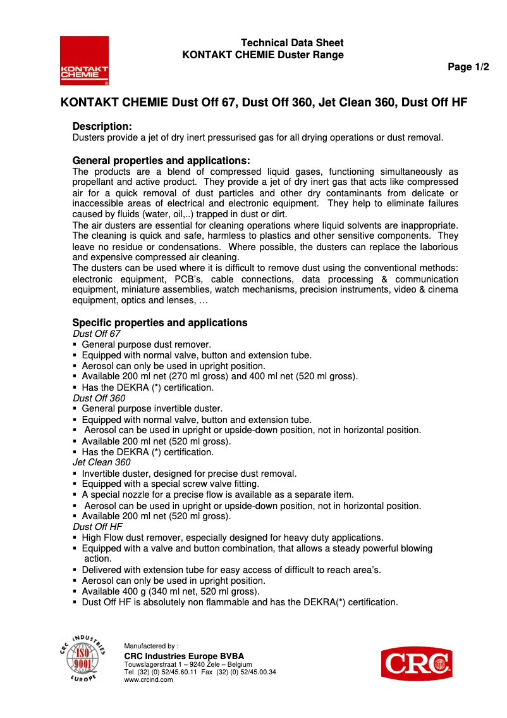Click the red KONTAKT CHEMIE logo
[x=84, y=61]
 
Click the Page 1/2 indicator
[x=468, y=67]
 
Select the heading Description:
[x=102, y=127]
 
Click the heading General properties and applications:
[x=161, y=160]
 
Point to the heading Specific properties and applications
[x=159, y=322]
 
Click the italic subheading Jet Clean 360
[x=102, y=462]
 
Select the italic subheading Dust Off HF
[x=97, y=527]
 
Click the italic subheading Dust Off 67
[x=96, y=334]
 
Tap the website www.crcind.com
[x=149, y=679]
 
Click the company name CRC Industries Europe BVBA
[x=184, y=655]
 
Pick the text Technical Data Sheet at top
[x=292, y=43]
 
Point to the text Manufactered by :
[x=151, y=646]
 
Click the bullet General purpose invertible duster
[x=152, y=409]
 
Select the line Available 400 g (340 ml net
[x=171, y=591]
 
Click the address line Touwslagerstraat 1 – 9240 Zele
[x=188, y=664]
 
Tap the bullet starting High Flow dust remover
[x=232, y=538]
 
